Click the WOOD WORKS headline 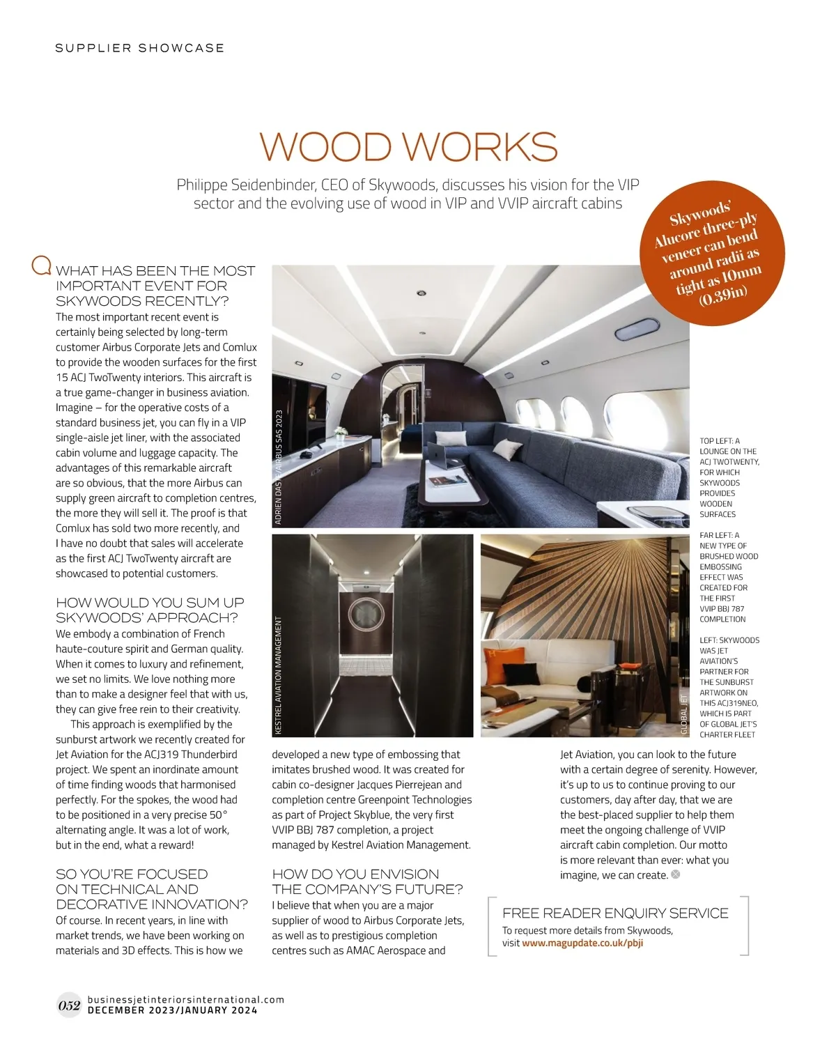[x=408, y=146]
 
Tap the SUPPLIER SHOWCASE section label [x=140, y=48]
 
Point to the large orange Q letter [x=42, y=265]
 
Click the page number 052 [x=69, y=1005]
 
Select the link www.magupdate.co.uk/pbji [x=582, y=943]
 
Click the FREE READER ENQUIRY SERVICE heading [x=615, y=913]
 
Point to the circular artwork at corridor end [x=366, y=613]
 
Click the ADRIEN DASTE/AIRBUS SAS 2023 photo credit [x=279, y=467]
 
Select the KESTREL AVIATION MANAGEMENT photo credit [x=279, y=674]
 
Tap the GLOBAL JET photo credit [x=683, y=714]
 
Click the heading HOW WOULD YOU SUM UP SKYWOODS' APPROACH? [x=150, y=610]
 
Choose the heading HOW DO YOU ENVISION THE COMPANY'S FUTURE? [x=367, y=881]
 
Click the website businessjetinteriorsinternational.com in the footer [x=186, y=999]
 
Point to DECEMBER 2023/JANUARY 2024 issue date [x=172, y=1010]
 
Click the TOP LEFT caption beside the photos [x=729, y=477]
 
